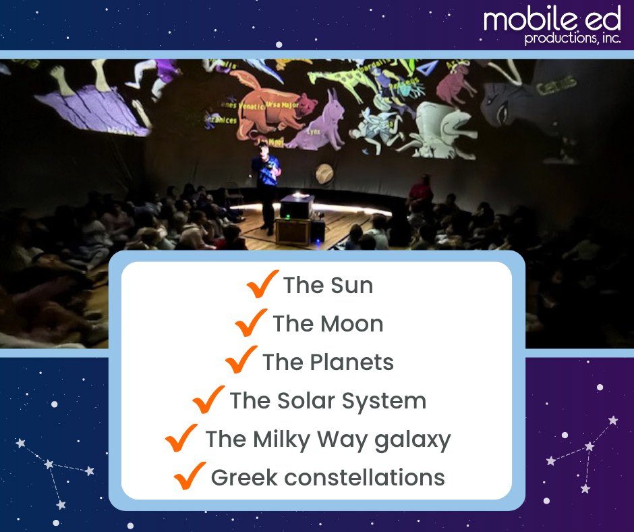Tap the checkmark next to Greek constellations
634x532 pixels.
coord(190,477)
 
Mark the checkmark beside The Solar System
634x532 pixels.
coord(208,400)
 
